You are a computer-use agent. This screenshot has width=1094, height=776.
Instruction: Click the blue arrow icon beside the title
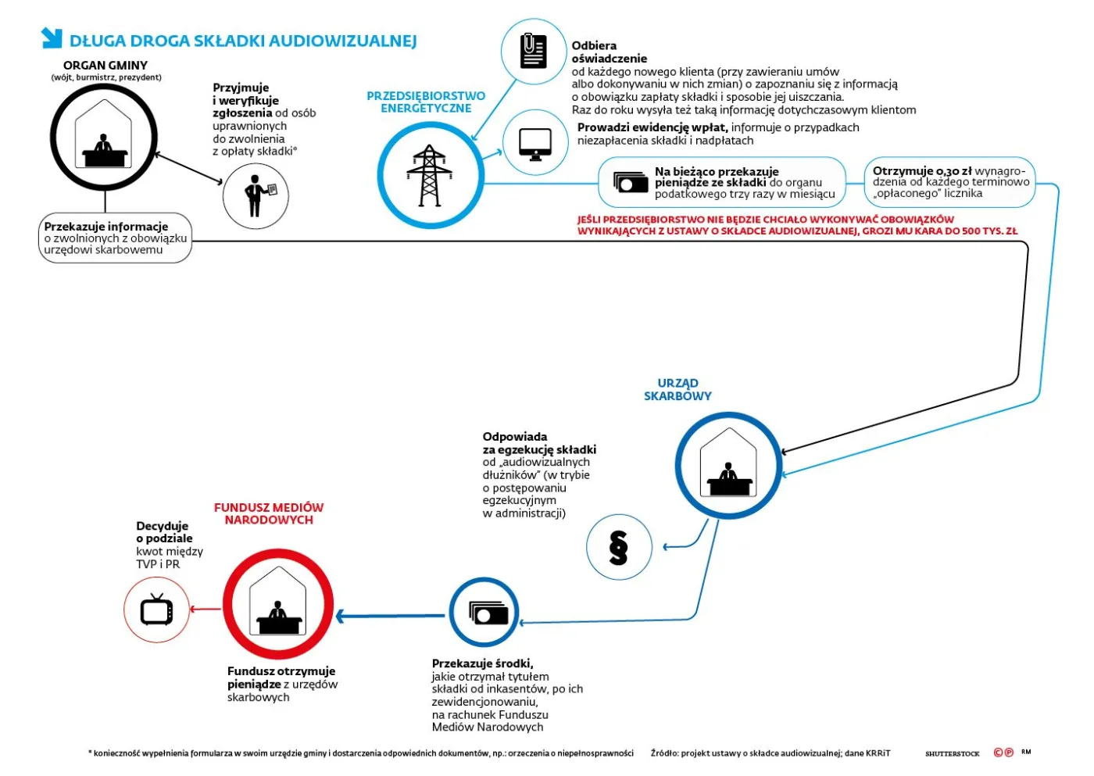click(x=52, y=38)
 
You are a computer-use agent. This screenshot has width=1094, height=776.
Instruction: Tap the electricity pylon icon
click(x=430, y=176)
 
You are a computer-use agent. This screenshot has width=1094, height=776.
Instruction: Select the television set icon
click(x=157, y=610)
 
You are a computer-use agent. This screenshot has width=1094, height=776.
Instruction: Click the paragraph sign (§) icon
click(x=618, y=548)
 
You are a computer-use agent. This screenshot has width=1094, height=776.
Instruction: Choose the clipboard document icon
click(x=533, y=51)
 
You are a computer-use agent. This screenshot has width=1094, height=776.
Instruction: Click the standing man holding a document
click(x=256, y=195)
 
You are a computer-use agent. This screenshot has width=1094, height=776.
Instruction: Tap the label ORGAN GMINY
click(x=105, y=66)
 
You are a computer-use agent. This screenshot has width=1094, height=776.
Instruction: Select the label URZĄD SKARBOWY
click(x=677, y=389)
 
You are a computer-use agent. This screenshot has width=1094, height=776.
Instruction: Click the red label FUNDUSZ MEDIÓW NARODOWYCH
click(x=269, y=513)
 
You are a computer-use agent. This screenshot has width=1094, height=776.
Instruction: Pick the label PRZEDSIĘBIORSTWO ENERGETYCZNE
click(x=426, y=102)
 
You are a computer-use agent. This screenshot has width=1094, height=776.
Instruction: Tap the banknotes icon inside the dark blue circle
click(x=484, y=613)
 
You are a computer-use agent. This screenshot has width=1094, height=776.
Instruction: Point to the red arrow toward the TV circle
click(x=206, y=610)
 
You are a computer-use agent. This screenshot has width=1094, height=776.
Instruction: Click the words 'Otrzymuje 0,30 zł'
click(x=922, y=171)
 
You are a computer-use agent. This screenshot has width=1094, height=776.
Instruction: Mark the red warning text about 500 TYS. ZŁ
click(x=797, y=225)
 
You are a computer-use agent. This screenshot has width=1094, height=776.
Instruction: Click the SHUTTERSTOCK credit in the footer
click(x=952, y=753)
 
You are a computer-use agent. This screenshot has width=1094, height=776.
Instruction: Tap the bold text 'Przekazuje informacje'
click(x=106, y=227)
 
